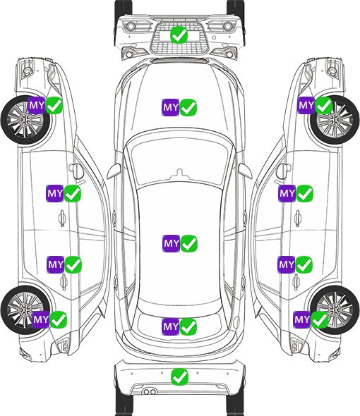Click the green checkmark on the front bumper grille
[x=179, y=35]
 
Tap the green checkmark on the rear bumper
[x=180, y=377]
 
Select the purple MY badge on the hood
[x=171, y=107]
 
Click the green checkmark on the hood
[x=188, y=107]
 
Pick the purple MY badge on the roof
[x=172, y=243]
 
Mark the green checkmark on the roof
[x=189, y=243]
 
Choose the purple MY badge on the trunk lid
[x=171, y=326]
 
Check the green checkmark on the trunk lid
[x=188, y=326]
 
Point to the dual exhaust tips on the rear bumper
[x=150, y=392]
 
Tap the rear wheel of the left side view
[x=24, y=310]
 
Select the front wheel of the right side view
[x=335, y=120]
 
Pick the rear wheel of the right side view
[x=335, y=310]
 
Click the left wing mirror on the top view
[x=114, y=171]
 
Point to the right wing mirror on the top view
[x=245, y=171]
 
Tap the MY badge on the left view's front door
[x=55, y=193]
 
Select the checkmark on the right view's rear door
[x=304, y=264]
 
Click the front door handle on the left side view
[x=62, y=218]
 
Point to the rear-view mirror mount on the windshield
[x=180, y=173]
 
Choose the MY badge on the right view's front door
[x=287, y=193]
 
